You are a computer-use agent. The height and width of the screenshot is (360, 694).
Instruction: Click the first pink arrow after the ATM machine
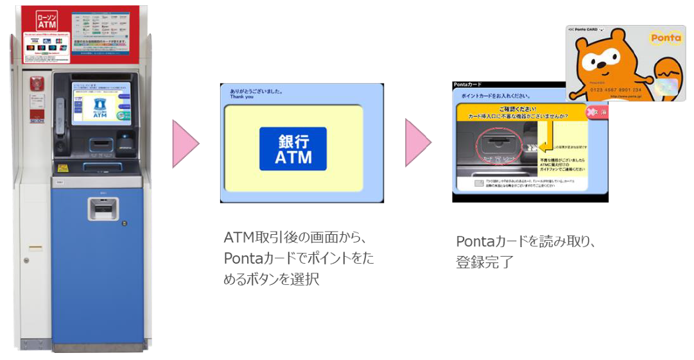click(186, 142)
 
